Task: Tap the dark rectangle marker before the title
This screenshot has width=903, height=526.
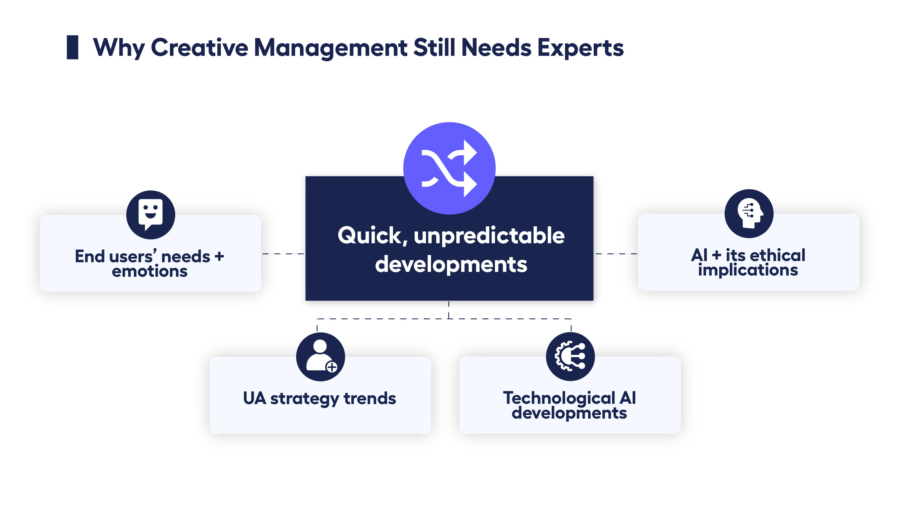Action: (72, 47)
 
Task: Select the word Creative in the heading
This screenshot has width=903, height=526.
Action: (199, 48)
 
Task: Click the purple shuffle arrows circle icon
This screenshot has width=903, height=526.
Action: (449, 168)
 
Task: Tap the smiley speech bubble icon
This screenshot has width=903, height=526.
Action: (151, 215)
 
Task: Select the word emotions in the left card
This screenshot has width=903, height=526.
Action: (149, 271)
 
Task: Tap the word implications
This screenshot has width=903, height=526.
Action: (748, 270)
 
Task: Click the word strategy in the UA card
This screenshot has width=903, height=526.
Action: (304, 398)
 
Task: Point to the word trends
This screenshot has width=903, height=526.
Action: (369, 398)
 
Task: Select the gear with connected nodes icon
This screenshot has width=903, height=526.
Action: (570, 356)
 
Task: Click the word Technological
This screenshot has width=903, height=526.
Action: (559, 398)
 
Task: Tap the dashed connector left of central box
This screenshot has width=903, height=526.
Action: (283, 254)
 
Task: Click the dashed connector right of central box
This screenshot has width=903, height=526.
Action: (616, 254)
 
